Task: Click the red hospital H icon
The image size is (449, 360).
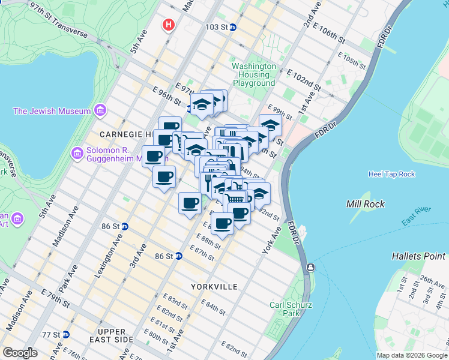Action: coord(169,25)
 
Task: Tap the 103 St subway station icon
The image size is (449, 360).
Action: coord(234,28)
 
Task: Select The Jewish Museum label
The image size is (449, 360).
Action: coord(52,111)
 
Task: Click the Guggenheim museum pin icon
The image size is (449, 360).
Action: coord(77,154)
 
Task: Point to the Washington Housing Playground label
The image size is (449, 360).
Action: coord(254,75)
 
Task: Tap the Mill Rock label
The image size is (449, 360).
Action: coord(366,204)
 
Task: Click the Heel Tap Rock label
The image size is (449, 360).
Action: coord(391,174)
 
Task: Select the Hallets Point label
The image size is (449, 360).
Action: coord(418,256)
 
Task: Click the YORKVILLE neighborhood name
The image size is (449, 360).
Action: coord(214,287)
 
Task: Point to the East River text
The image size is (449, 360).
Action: coord(416,220)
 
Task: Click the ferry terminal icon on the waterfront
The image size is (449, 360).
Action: coord(310,267)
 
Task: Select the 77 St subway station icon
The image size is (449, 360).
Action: coord(65,334)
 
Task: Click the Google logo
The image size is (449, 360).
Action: coord(20,353)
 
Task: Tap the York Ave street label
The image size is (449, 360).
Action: coord(271,240)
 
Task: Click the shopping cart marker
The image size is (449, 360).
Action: coord(235,198)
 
